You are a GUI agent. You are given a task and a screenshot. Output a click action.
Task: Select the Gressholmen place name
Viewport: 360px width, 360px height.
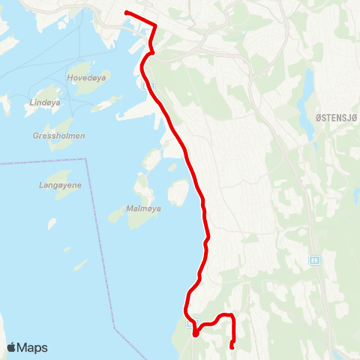pyautogui.click(x=59, y=136)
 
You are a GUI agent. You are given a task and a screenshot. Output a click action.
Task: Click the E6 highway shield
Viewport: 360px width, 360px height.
pyautogui.click(x=313, y=260)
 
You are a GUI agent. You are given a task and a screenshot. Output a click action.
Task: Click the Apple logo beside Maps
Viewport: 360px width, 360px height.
pyautogui.click(x=12, y=347)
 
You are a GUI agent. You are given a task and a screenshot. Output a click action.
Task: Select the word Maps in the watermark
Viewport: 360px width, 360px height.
pyautogui.click(x=33, y=347)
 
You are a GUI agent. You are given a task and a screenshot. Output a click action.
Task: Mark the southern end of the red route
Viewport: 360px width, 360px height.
pyautogui.click(x=232, y=346)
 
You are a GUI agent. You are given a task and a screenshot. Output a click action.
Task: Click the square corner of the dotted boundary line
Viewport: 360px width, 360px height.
pyautogui.click(x=88, y=159)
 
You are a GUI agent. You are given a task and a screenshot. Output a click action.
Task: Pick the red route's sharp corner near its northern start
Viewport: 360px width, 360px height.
pyautogui.click(x=154, y=25)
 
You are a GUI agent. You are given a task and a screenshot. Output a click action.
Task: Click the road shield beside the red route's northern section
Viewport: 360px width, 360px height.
pyautogui.click(x=145, y=85)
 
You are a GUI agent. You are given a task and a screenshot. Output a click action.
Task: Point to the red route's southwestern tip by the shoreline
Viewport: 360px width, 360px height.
pyautogui.click(x=194, y=335)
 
